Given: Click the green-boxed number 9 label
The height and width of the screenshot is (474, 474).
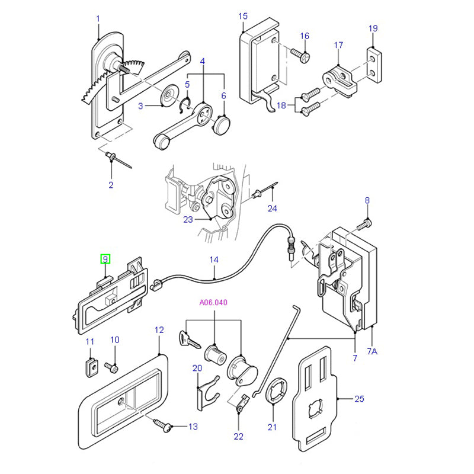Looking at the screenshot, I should [105, 259].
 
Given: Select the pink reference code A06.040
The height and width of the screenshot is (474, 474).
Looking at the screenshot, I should [213, 302].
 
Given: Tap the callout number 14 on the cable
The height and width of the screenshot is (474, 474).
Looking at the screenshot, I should [214, 260].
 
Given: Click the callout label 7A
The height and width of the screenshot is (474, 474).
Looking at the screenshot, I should [371, 351].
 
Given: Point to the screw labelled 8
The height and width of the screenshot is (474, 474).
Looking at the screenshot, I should [366, 223].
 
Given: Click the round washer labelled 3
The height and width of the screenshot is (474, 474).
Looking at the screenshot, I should [169, 93].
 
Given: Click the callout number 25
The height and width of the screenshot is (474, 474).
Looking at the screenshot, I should [358, 399].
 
